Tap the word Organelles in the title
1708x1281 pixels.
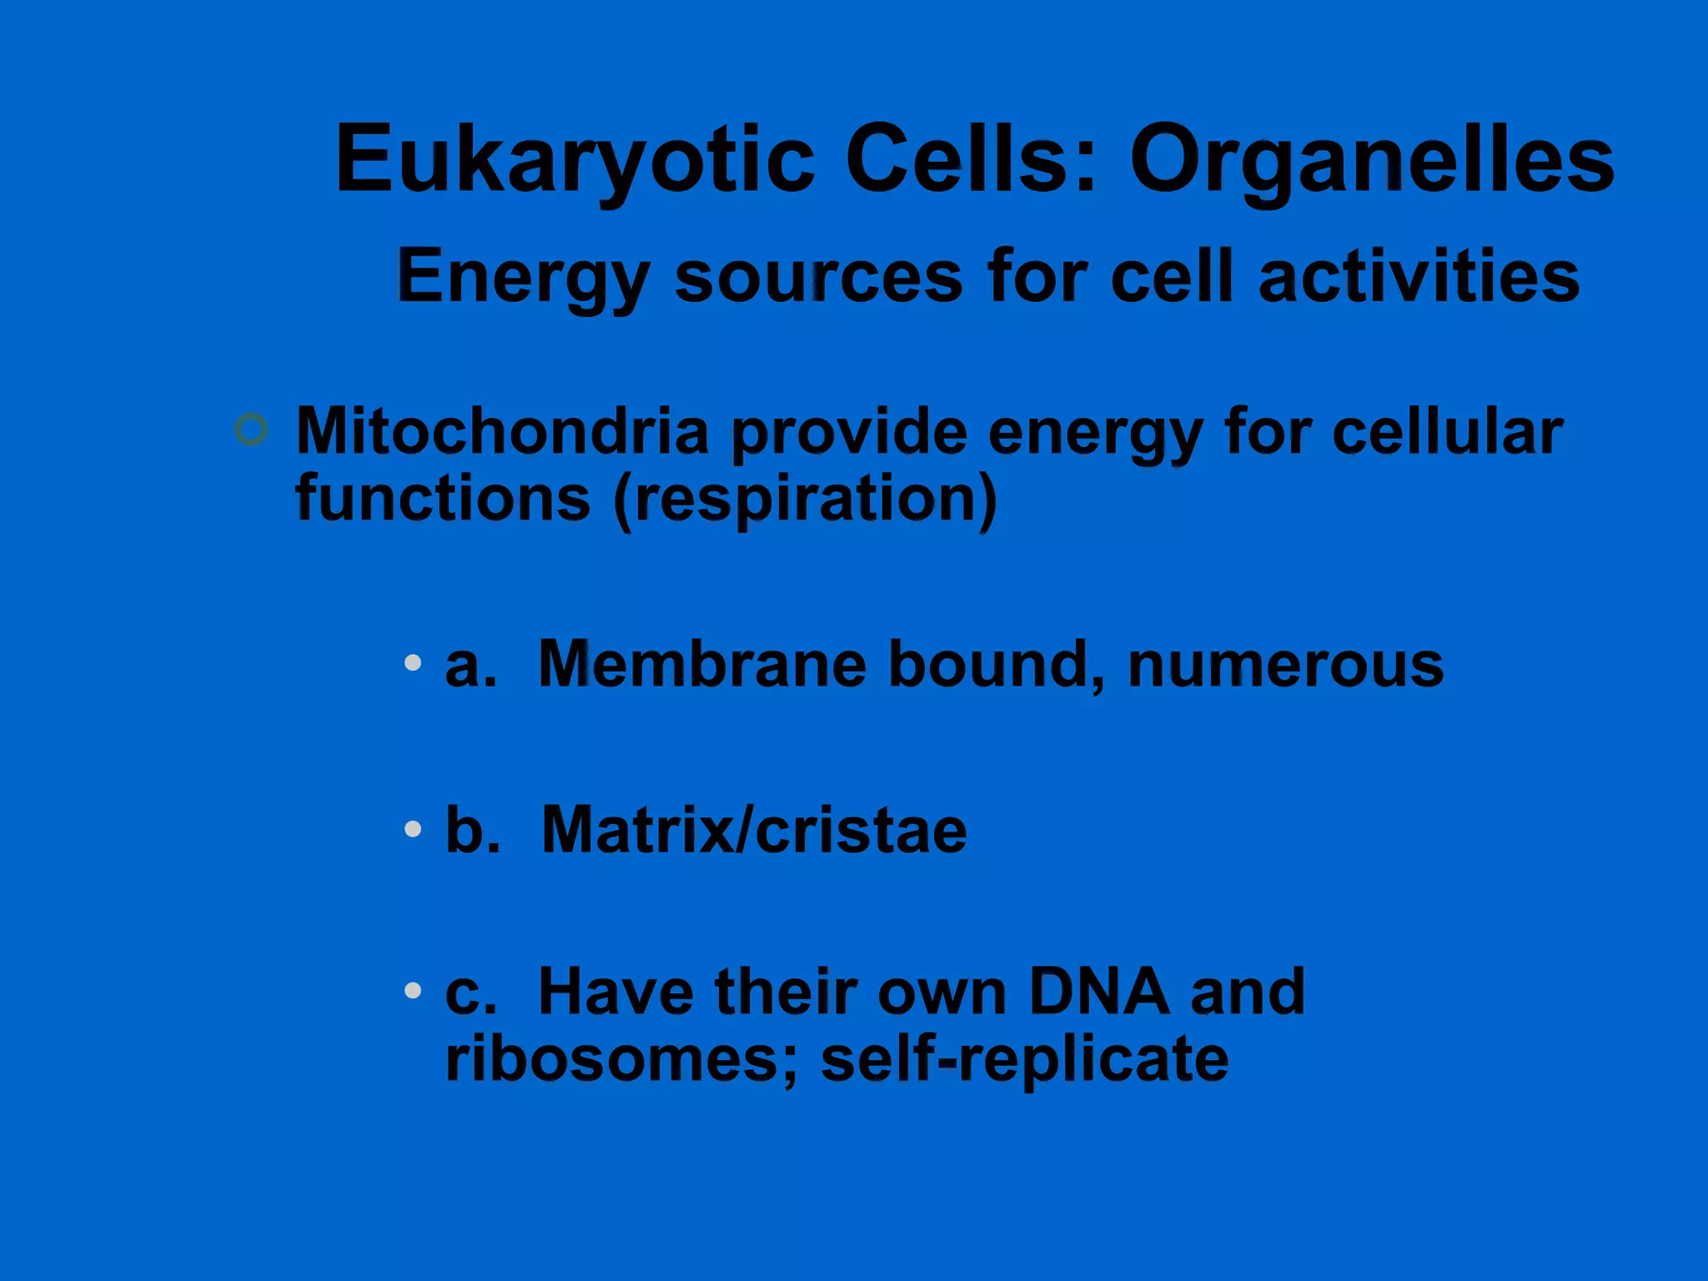[x=1372, y=158]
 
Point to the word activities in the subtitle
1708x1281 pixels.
[x=1419, y=277]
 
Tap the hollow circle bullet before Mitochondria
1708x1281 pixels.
[x=251, y=430]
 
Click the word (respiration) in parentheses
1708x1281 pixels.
[x=805, y=499]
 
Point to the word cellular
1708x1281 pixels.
[x=1447, y=431]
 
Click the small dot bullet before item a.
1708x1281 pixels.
[x=412, y=663]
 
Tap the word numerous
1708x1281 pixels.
[x=1285, y=665]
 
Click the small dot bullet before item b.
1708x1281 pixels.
[x=412, y=829]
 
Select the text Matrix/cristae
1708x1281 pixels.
[x=754, y=831]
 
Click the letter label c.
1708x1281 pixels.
[x=469, y=992]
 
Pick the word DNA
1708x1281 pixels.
[x=1098, y=992]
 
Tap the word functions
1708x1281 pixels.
[x=443, y=499]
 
